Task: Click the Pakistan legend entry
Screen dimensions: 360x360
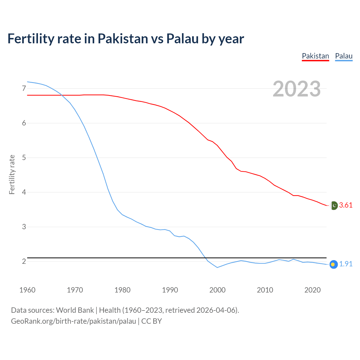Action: pyautogui.click(x=315, y=56)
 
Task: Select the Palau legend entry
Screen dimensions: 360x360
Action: pyautogui.click(x=344, y=56)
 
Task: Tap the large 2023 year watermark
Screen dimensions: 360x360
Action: pyautogui.click(x=297, y=89)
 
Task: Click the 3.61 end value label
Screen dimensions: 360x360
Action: pyautogui.click(x=346, y=205)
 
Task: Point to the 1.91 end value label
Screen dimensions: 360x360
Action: pyautogui.click(x=346, y=264)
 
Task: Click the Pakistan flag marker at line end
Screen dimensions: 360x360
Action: pyautogui.click(x=334, y=206)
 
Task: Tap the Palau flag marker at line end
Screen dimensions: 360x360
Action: pyautogui.click(x=333, y=264)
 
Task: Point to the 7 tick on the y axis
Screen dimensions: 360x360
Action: pyautogui.click(x=24, y=89)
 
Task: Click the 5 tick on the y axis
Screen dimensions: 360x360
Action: pyautogui.click(x=24, y=158)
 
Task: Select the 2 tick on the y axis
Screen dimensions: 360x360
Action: pyautogui.click(x=24, y=262)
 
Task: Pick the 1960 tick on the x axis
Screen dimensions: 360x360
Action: pyautogui.click(x=27, y=290)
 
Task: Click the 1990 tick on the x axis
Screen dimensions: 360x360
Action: pyautogui.click(x=170, y=290)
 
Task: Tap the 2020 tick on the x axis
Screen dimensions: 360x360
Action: pyautogui.click(x=312, y=290)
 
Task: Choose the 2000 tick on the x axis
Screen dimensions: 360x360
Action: pyautogui.click(x=217, y=290)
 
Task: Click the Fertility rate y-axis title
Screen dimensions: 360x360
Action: pyautogui.click(x=12, y=174)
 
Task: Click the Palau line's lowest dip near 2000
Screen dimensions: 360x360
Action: pyautogui.click(x=217, y=267)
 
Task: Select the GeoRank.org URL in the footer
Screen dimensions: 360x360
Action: pyautogui.click(x=73, y=321)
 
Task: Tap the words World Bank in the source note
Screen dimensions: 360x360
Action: pyautogui.click(x=75, y=310)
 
